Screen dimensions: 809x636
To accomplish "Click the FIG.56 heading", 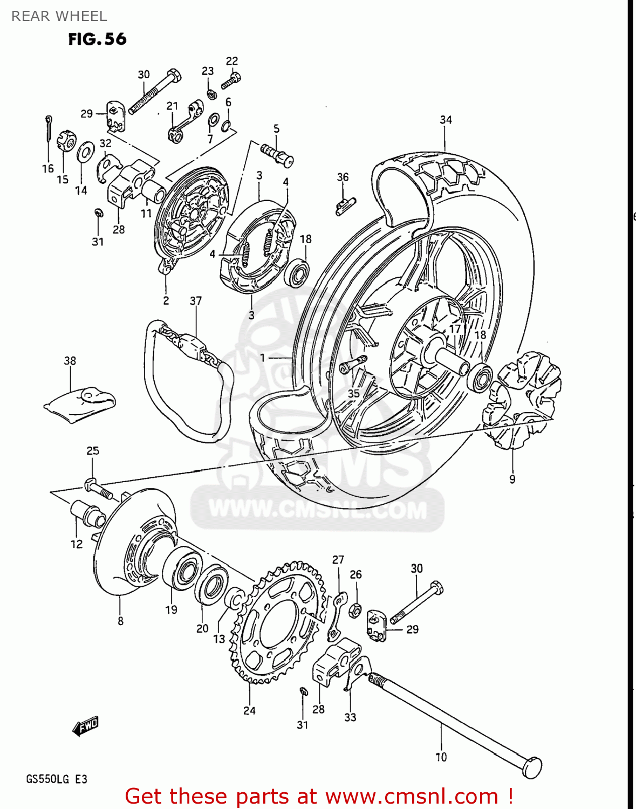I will click(x=97, y=39).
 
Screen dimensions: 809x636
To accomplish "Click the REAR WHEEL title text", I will click(x=59, y=16).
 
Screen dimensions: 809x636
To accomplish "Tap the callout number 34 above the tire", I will click(x=446, y=120).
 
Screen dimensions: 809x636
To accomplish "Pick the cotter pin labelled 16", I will click(x=49, y=129).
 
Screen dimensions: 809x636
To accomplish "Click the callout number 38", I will click(x=70, y=360).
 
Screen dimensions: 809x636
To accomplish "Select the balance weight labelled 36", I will click(x=345, y=204).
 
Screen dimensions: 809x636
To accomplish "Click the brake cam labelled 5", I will click(x=277, y=153).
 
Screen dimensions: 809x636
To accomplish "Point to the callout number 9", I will click(x=512, y=479).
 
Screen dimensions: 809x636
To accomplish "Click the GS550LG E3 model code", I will click(x=57, y=779).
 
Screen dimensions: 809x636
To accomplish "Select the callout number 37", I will click(x=196, y=300).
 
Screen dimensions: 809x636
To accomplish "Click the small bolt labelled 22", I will click(x=231, y=80).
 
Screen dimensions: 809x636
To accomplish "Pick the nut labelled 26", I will click(x=355, y=611).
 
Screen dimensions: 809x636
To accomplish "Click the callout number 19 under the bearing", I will click(x=171, y=609).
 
